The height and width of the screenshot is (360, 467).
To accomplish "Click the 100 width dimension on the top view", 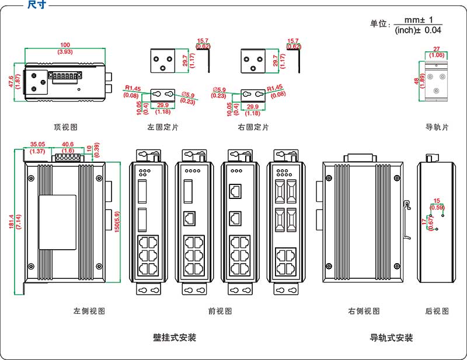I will (x=65, y=45).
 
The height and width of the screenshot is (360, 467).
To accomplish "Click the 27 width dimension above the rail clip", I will (x=437, y=50).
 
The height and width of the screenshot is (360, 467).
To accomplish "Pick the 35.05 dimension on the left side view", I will (x=38, y=144).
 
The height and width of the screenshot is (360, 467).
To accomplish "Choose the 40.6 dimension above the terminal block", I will (x=68, y=144).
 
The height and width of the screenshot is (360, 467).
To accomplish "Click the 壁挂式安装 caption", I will (x=175, y=338).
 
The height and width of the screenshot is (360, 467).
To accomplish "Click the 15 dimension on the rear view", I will (x=437, y=201).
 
